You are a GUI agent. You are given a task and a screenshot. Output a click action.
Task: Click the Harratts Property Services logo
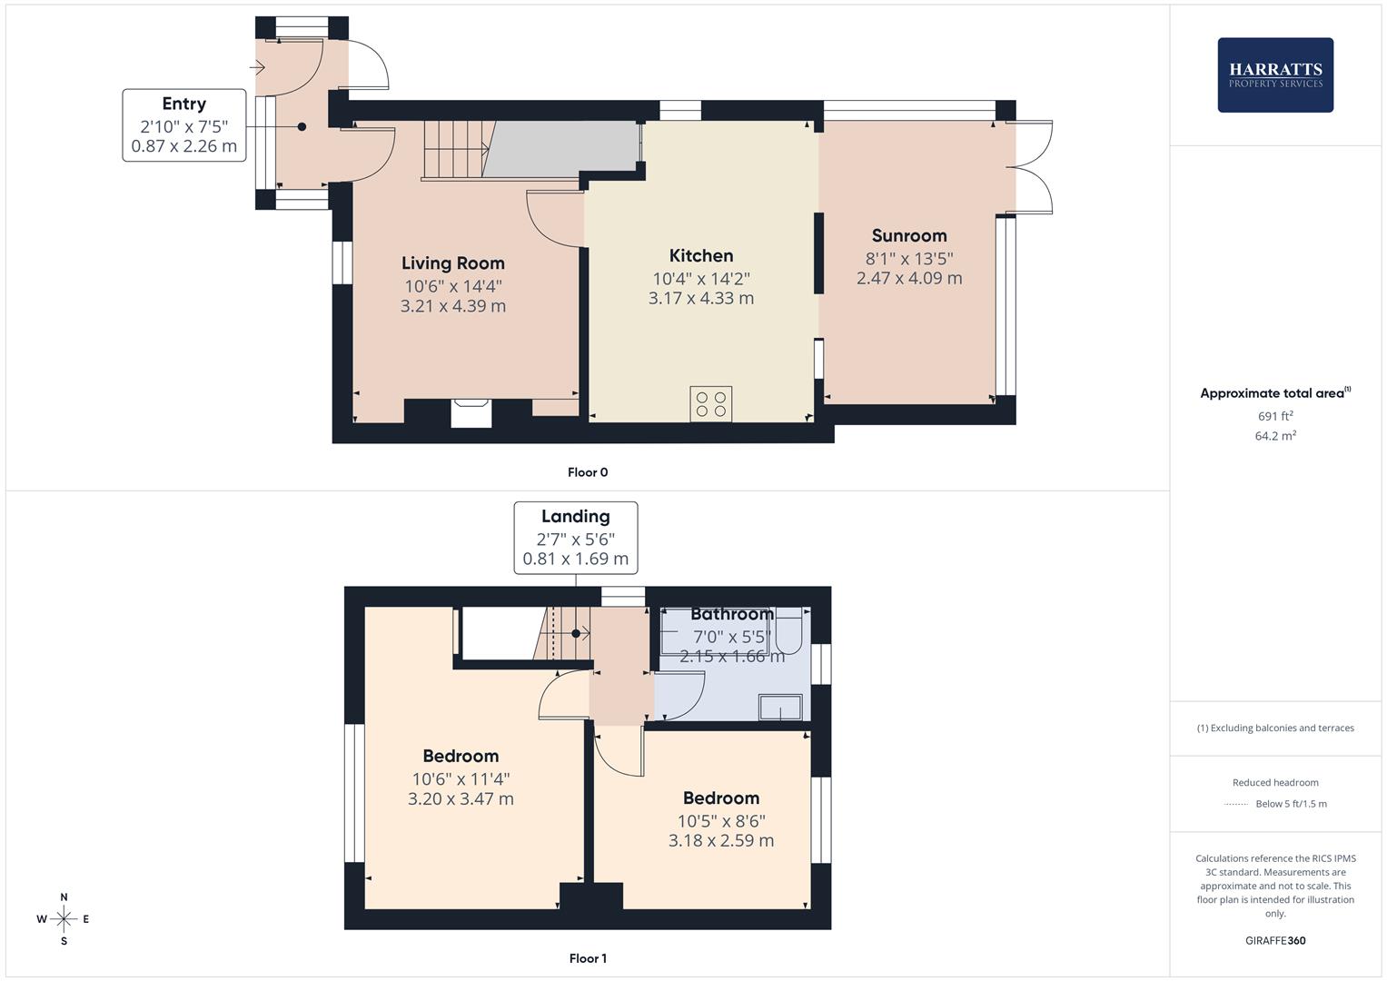click(x=1274, y=74)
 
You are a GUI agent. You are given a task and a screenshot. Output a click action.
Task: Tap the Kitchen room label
click(x=701, y=256)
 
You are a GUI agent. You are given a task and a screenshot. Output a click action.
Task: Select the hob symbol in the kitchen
click(x=710, y=404)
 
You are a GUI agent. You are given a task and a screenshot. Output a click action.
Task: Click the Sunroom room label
click(x=909, y=236)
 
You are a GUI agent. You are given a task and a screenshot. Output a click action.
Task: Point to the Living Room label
click(x=452, y=263)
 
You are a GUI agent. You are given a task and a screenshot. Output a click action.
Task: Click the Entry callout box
click(x=184, y=125)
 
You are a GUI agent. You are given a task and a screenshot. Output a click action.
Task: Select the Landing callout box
click(x=576, y=538)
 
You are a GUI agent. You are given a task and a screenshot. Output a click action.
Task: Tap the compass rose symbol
click(x=64, y=919)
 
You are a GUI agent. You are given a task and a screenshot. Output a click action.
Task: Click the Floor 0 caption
click(x=588, y=472)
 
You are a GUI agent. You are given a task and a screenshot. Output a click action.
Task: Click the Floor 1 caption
click(x=588, y=958)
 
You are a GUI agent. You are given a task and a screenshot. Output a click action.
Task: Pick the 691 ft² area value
click(x=1274, y=416)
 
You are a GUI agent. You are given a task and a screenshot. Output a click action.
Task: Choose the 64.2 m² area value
click(x=1274, y=436)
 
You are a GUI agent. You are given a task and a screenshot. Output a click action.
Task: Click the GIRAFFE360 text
click(x=1274, y=941)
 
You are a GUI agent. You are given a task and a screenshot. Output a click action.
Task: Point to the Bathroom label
click(x=731, y=614)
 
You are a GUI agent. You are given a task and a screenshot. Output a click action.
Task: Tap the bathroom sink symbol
click(x=781, y=707)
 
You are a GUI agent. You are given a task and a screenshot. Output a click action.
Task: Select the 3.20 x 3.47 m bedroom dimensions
click(x=461, y=799)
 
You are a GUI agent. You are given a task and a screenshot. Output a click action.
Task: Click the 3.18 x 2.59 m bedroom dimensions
click(x=721, y=841)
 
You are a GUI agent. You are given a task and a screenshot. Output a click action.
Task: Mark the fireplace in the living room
click(x=471, y=412)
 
